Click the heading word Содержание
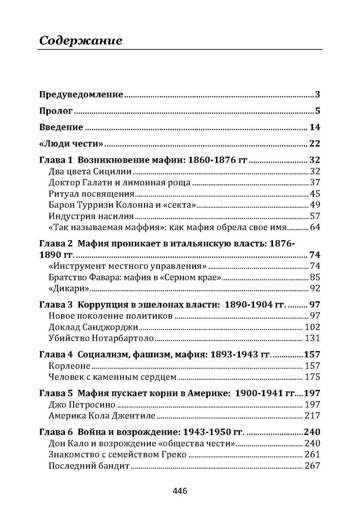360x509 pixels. coord(80,41)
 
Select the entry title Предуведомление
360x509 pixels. coord(81,94)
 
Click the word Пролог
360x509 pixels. coord(56,110)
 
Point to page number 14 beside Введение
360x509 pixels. coord(314,127)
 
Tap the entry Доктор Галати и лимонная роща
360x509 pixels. coord(119,182)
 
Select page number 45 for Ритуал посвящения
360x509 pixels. coord(314,193)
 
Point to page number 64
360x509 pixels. coord(314,227)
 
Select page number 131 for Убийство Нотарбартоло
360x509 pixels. coord(312,338)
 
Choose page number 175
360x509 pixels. coord(312,377)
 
